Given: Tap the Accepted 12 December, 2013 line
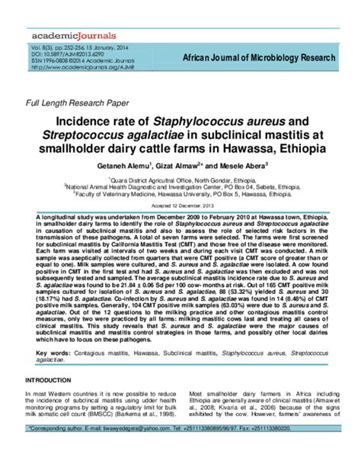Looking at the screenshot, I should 180,206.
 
